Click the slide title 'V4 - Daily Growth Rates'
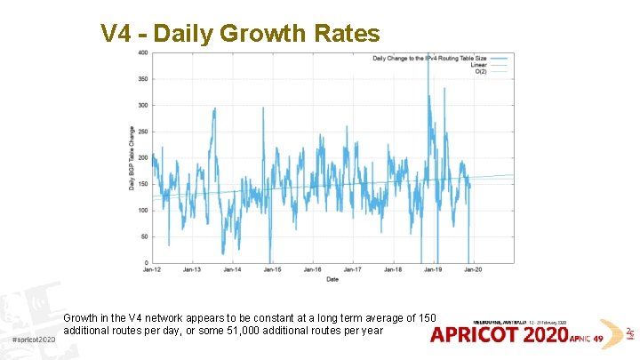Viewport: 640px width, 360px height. pos(240,34)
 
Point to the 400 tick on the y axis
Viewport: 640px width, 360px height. pos(143,52)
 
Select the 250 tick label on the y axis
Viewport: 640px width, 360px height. pos(143,132)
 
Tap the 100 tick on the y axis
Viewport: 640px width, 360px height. pos(143,211)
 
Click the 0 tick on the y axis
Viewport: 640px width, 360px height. pos(146,263)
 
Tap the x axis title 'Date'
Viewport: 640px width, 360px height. pos(332,279)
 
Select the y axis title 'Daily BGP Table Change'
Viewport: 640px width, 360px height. pos(132,158)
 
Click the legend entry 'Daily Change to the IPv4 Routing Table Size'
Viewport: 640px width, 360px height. pos(426,57)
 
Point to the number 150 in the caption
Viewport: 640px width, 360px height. pos(427,318)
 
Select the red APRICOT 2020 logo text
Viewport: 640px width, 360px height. pos(499,335)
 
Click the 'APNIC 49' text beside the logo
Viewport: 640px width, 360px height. pos(586,338)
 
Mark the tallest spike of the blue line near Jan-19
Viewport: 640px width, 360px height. pos(428,55)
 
